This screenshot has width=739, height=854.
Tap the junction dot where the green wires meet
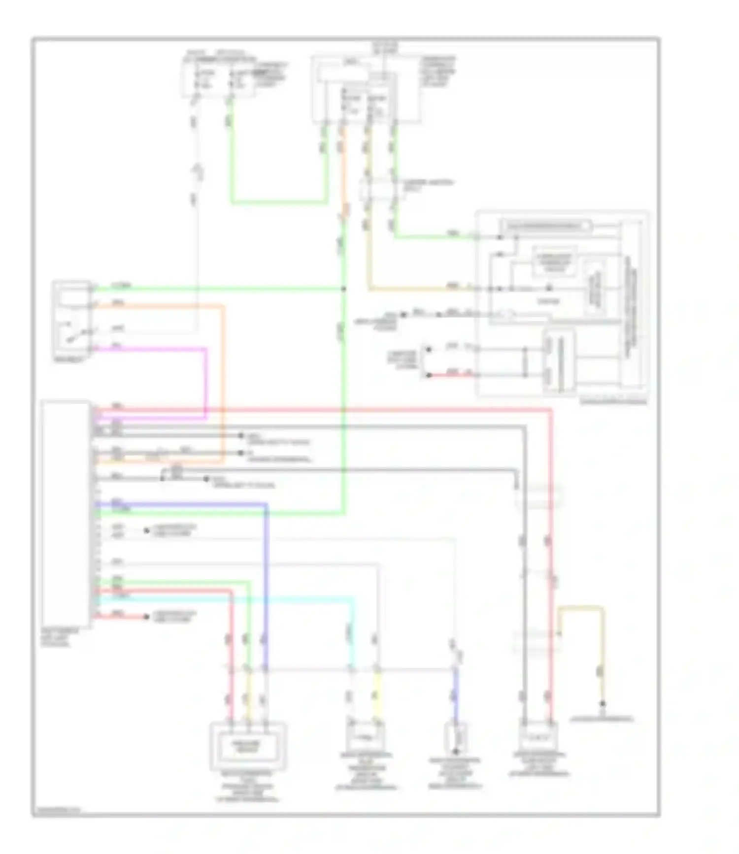[x=343, y=289]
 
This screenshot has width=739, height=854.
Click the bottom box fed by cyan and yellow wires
[x=365, y=737]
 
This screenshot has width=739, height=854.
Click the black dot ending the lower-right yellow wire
[x=602, y=704]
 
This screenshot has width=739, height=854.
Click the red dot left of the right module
[x=429, y=375]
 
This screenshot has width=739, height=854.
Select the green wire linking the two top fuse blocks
[x=279, y=202]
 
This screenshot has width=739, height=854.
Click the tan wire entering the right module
[x=419, y=289]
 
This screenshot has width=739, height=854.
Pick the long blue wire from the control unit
[x=266, y=566]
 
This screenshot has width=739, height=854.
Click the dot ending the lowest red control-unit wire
[x=146, y=617]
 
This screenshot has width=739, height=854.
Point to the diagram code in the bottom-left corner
[x=58, y=809]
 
